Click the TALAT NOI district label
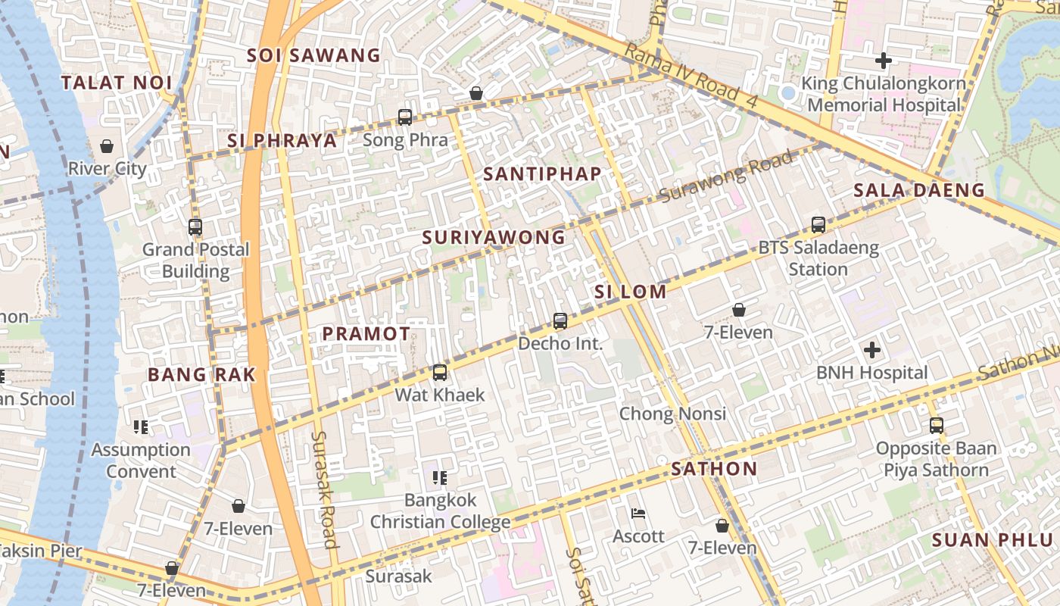coord(117,83)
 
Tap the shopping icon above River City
coord(107,145)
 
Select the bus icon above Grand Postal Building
coord(195,226)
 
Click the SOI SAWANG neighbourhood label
coord(313,55)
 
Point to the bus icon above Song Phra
coord(405,117)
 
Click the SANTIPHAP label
coord(542,173)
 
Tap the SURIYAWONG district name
coord(494,237)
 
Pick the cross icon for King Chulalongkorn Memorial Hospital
coord(883,60)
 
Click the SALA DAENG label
coord(919,190)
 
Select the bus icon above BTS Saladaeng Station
coord(818,225)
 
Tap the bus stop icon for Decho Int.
coord(560,321)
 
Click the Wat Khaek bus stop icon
coord(440,373)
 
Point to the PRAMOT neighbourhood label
coord(366,333)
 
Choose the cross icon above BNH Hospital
coord(872,350)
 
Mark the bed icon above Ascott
coord(638,514)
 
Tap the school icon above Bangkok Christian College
coord(440,478)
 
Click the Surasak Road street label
coord(324,489)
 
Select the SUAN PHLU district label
coord(992,540)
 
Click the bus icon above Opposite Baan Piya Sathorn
coord(937,426)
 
